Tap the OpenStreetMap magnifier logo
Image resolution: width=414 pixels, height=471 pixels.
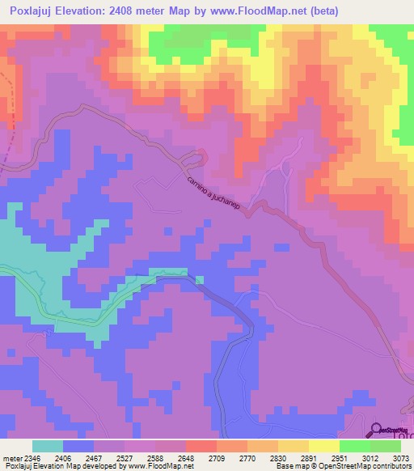[377, 430]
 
